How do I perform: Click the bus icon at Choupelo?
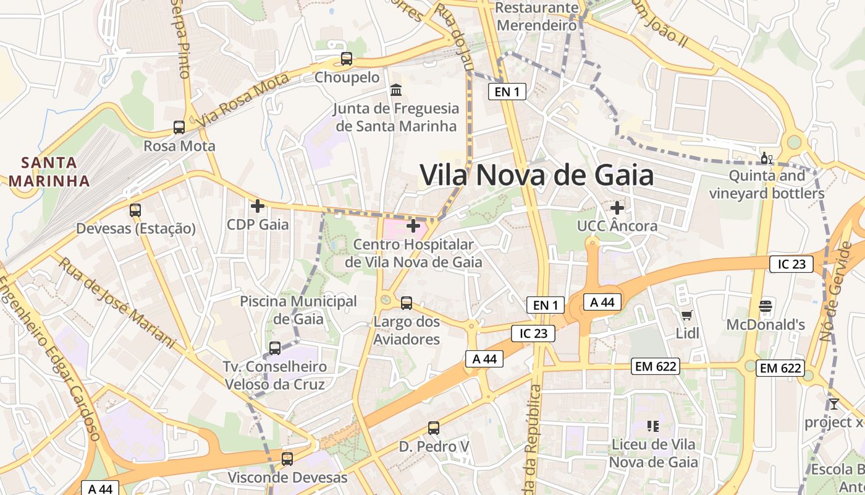coord(347,59)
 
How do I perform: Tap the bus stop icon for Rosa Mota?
coord(179,127)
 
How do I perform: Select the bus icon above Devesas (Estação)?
coord(135,210)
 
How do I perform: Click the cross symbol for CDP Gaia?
coord(258,205)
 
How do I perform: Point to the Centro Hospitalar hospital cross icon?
coord(413,226)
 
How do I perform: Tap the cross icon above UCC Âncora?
coord(617,207)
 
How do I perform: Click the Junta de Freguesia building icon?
coord(395,90)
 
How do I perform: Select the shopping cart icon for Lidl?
coord(686,316)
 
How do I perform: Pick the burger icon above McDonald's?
coord(766,306)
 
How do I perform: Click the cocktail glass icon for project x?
coord(833,404)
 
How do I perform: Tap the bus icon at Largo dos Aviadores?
coord(407,303)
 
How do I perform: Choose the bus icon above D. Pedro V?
coord(434,428)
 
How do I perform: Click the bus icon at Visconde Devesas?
coord(287,459)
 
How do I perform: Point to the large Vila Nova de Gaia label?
coord(536,175)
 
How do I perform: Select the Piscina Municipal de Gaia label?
coord(298,310)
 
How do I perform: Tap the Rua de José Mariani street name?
coord(117,301)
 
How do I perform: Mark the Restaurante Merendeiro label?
coord(537,17)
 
